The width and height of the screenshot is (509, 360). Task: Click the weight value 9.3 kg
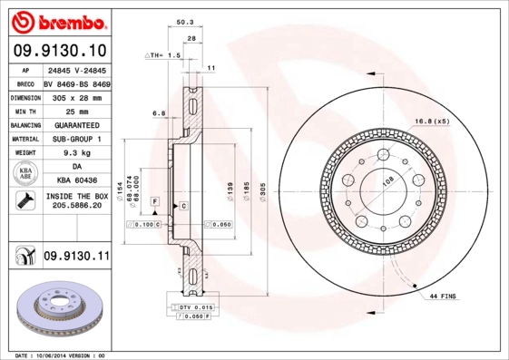[x=75, y=153]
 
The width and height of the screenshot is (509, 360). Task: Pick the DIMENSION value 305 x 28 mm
[x=75, y=96]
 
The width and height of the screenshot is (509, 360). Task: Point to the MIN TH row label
[x=24, y=110]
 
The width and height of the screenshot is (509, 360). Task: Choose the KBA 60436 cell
[x=75, y=181]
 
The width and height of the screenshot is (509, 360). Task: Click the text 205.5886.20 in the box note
[x=75, y=206]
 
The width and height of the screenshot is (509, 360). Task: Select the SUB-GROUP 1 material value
[x=75, y=139]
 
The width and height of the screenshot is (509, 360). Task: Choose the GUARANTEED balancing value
[x=75, y=124]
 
